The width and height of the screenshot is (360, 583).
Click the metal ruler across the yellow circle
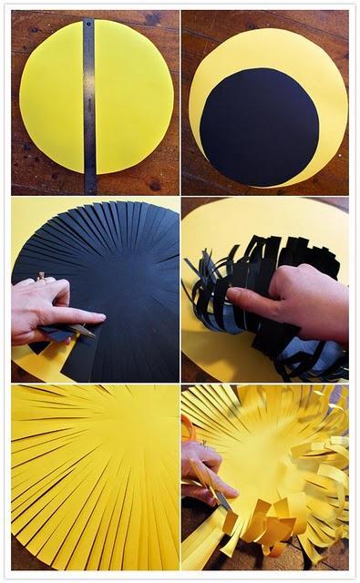pos(89,100)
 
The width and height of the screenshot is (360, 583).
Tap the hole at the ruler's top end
pos(88,24)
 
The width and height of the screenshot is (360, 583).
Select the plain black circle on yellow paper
pos(259,126)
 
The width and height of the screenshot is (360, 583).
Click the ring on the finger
pos(40,275)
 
